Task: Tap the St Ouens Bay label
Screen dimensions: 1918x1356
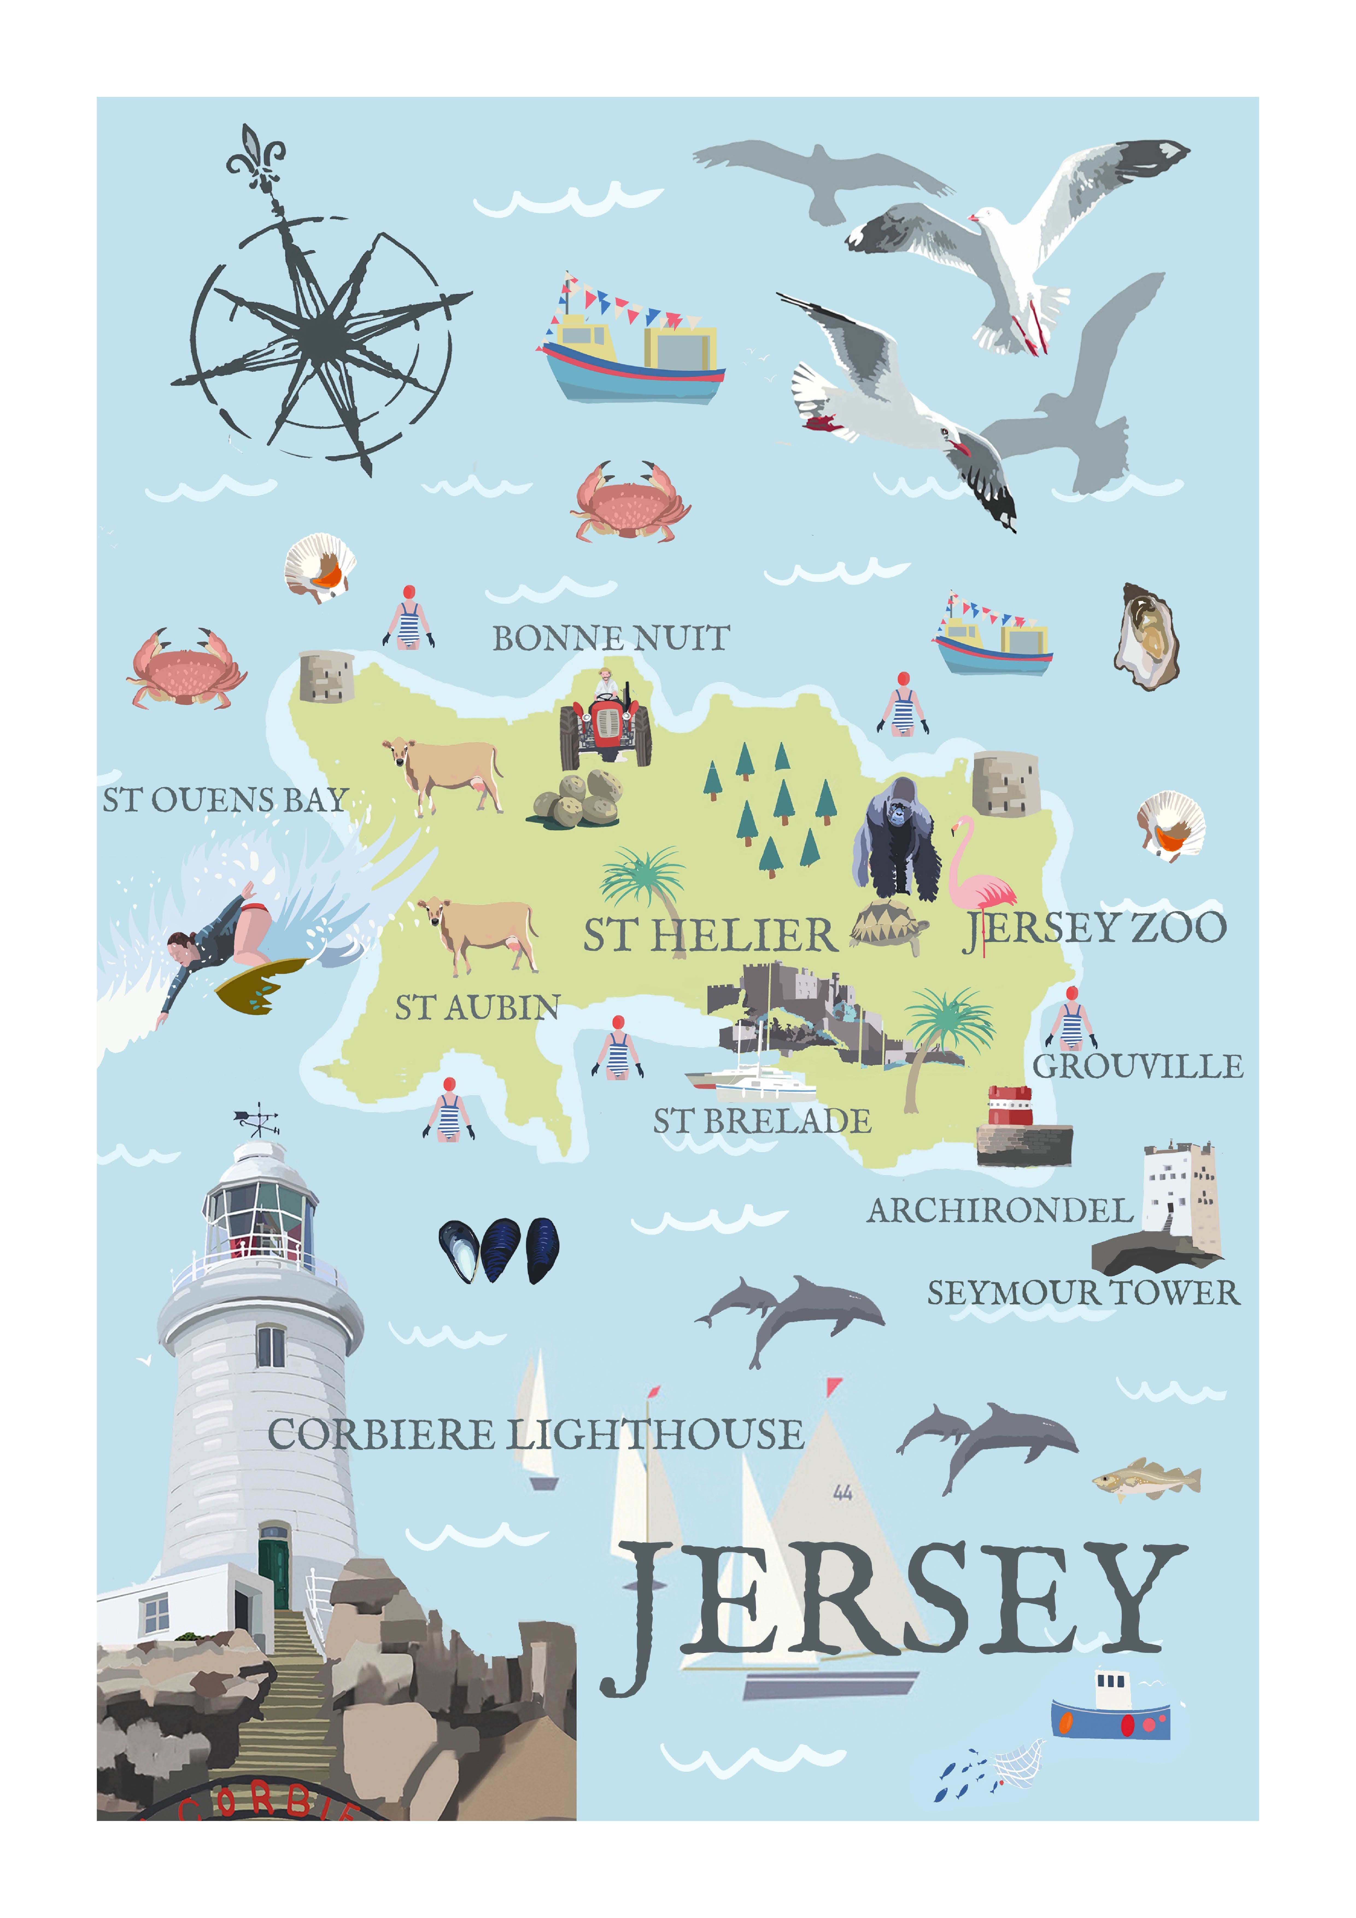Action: tap(225, 800)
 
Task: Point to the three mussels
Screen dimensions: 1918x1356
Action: tap(499, 1250)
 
